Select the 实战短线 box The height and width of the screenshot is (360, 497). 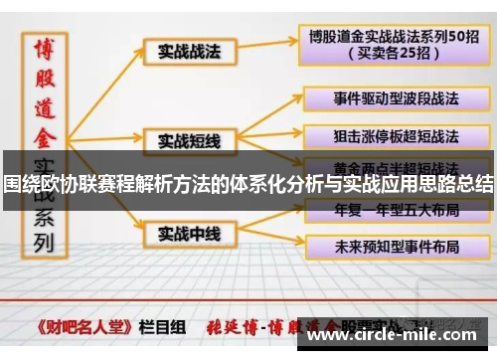click(188, 140)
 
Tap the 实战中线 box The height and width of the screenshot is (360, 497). click(188, 233)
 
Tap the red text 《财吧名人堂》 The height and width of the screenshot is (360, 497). click(84, 324)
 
